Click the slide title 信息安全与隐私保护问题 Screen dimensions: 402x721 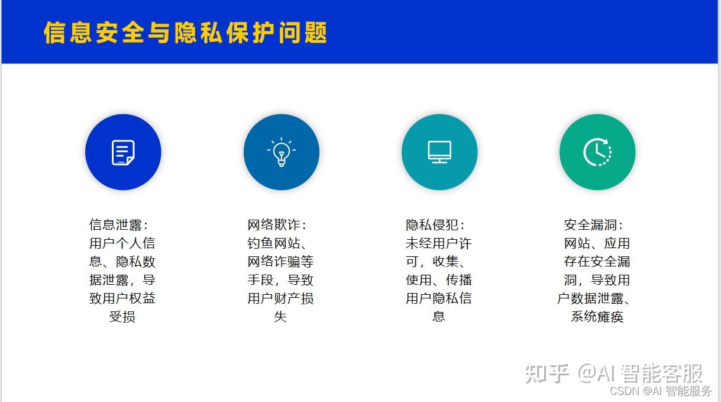(x=186, y=33)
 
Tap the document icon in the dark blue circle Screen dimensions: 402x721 (x=123, y=152)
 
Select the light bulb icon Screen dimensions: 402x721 (x=281, y=152)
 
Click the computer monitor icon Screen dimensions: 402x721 (x=439, y=152)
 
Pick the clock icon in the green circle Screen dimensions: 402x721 (x=597, y=152)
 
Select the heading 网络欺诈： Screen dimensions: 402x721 (x=277, y=225)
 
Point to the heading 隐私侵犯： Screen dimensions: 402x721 (x=435, y=225)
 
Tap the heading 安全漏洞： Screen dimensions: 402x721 (x=594, y=225)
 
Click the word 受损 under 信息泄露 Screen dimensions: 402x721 (x=122, y=317)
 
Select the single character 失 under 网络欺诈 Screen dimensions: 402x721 (x=280, y=317)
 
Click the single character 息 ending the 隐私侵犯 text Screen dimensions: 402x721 (x=438, y=317)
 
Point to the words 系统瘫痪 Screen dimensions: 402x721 (x=597, y=317)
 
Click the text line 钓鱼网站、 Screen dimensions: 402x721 (x=277, y=243)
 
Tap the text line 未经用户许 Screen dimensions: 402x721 (x=438, y=243)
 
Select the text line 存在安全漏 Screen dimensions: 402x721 (x=597, y=262)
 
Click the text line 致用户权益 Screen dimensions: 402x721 (x=122, y=298)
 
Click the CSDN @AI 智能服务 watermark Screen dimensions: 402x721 (x=661, y=391)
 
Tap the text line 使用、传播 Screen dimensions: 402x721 (x=438, y=280)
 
